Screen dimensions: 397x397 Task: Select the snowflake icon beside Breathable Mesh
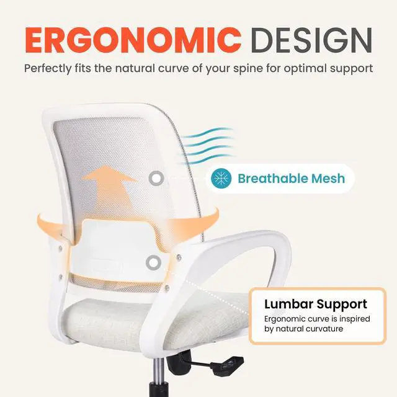[x=221, y=179]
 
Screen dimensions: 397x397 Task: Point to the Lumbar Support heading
[x=316, y=304]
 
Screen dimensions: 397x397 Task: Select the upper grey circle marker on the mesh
[x=156, y=179]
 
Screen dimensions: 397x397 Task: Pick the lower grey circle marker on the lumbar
[x=152, y=262]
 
